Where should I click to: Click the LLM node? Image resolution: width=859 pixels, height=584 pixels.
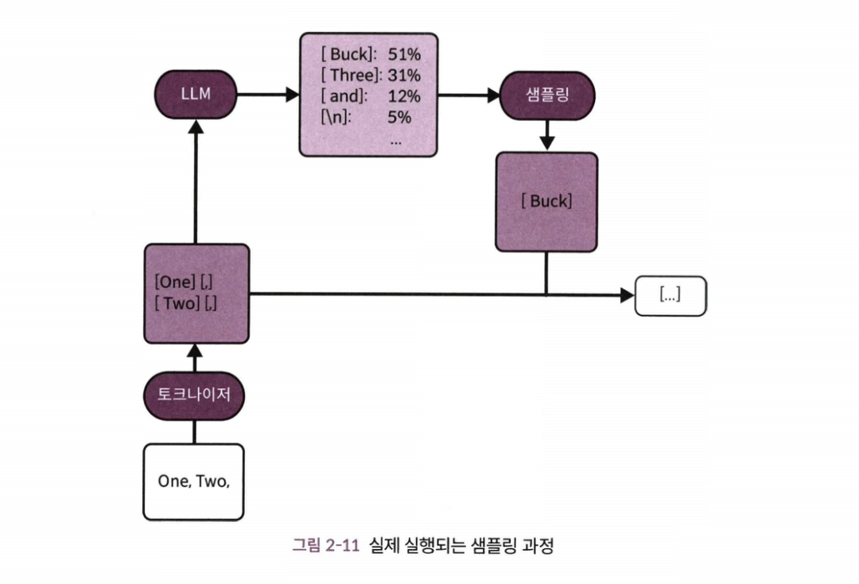(x=196, y=94)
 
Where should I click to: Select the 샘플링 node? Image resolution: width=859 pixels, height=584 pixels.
(x=546, y=94)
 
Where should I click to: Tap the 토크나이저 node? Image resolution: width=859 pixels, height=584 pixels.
(x=194, y=394)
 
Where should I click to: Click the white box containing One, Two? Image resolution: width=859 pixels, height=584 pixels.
(x=193, y=481)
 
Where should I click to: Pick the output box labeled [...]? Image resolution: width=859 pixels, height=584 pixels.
(x=670, y=296)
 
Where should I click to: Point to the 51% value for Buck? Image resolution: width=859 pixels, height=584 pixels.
(x=404, y=55)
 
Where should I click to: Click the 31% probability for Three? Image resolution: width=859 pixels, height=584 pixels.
(x=404, y=76)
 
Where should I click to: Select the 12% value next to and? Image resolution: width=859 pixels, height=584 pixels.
(x=404, y=96)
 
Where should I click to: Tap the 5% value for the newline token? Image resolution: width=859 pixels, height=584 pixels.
(x=399, y=118)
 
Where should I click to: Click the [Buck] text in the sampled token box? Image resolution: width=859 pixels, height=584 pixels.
(x=546, y=201)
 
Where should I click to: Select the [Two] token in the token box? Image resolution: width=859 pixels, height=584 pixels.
(x=178, y=303)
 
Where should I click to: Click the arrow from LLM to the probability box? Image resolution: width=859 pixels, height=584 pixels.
(x=266, y=94)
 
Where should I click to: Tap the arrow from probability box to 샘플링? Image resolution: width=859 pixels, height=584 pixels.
(x=468, y=94)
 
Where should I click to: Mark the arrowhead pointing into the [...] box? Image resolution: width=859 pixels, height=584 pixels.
(x=627, y=295)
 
